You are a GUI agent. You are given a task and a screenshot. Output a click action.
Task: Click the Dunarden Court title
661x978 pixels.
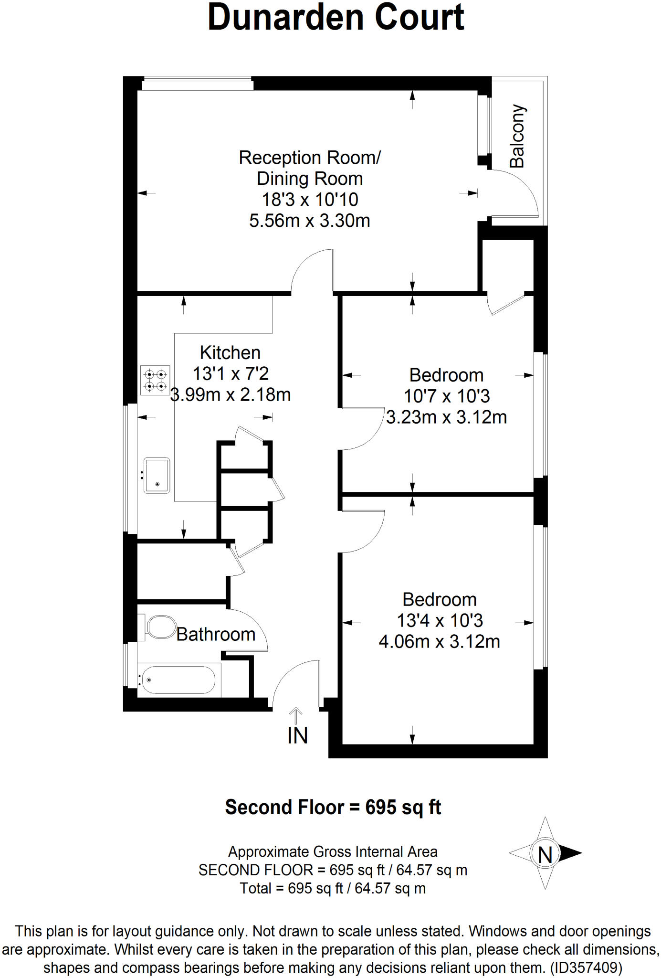pos(336,18)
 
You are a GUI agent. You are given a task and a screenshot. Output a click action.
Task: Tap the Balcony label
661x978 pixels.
pos(517,137)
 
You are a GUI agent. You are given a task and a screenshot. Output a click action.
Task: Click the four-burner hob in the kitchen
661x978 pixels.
pos(155,380)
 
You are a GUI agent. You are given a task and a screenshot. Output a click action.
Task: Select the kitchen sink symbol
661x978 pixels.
pos(157,476)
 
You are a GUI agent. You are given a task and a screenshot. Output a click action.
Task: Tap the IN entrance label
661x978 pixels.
pos(297,736)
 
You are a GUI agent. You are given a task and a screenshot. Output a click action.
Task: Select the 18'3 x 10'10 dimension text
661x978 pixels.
pos(310,200)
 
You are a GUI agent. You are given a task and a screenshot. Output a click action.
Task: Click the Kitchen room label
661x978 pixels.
pos(230,353)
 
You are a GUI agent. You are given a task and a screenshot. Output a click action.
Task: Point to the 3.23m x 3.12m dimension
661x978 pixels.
pos(446,417)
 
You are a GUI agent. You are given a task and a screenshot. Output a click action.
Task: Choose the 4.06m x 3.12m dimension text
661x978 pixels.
pos(439,641)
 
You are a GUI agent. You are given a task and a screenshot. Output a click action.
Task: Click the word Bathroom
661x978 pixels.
pos(216,635)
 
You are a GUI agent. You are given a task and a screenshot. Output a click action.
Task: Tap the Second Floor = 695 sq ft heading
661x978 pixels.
pos(333,808)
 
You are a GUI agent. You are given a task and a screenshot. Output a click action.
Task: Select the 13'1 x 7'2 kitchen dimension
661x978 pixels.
pos(231,373)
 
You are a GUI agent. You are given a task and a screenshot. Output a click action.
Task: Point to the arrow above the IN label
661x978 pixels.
pos(296,716)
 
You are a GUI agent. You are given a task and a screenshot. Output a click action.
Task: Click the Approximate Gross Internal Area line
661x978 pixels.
pos(333,852)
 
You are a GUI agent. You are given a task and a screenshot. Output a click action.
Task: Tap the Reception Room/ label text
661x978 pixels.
pos(310,158)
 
